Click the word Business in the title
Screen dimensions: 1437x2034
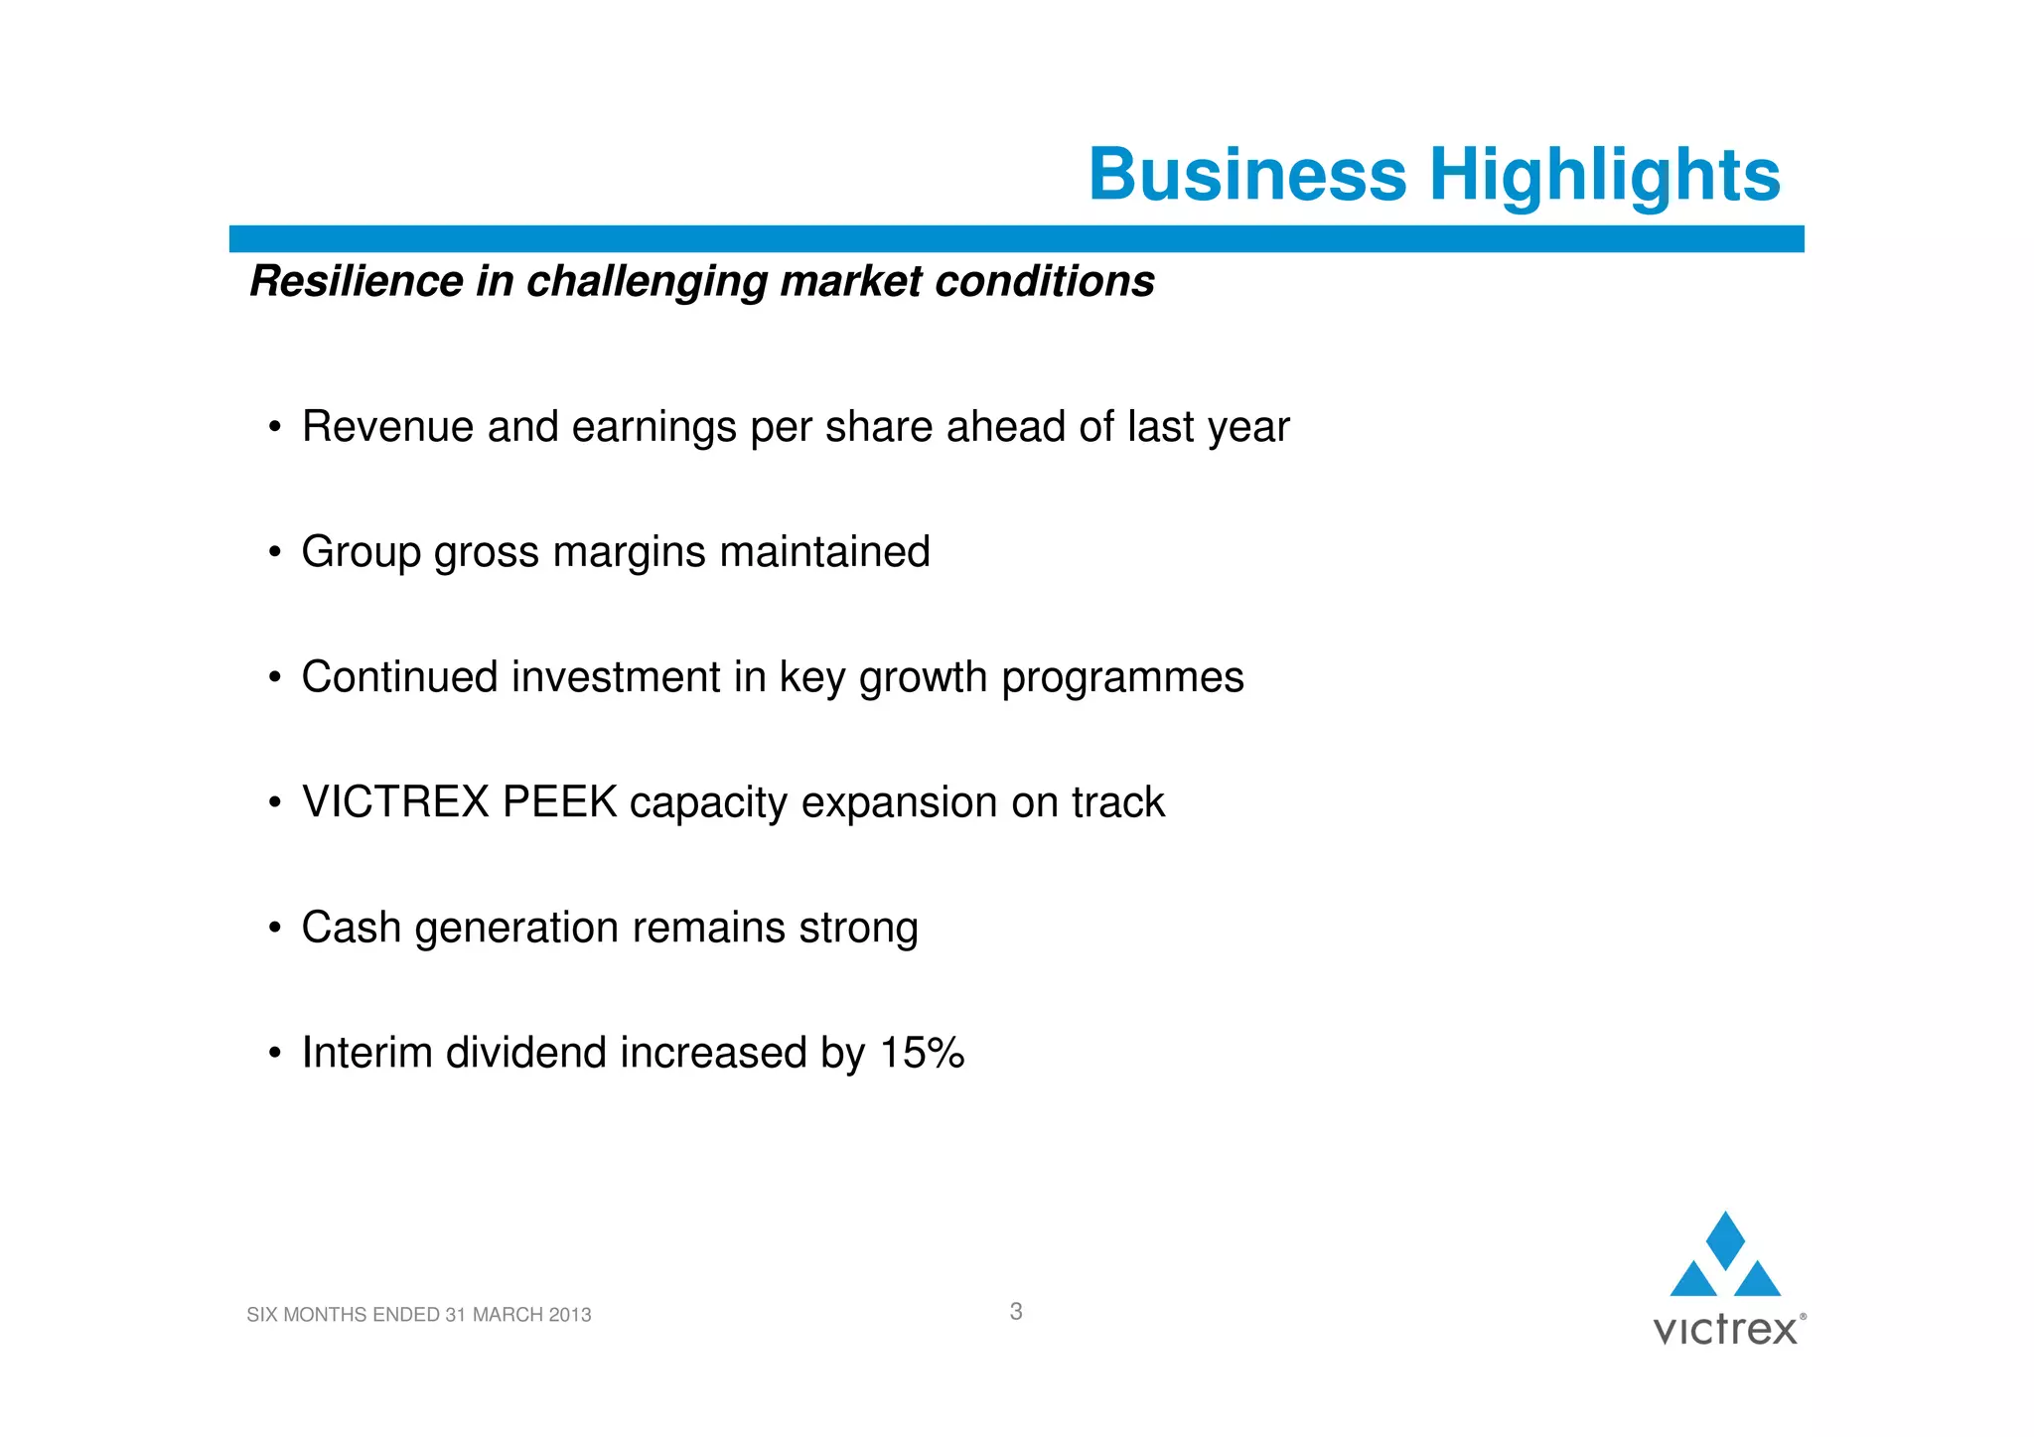click(x=1247, y=175)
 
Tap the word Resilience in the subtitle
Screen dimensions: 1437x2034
click(x=356, y=281)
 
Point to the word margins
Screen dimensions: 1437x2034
click(x=629, y=553)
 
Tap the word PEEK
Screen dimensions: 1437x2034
click(x=559, y=802)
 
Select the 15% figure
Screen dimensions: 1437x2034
click(x=922, y=1053)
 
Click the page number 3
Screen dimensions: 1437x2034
click(x=1015, y=1312)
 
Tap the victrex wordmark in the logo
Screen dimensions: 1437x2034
click(x=1725, y=1330)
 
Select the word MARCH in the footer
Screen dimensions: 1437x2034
click(x=507, y=1315)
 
